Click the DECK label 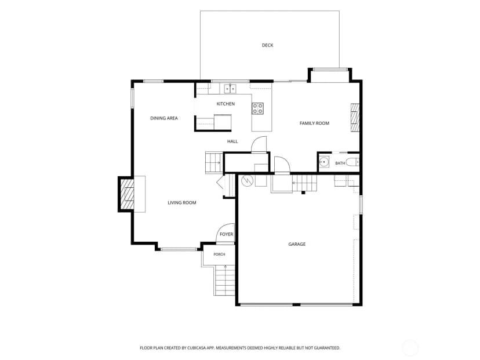[268, 45]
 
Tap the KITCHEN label [226, 104]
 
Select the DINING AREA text [164, 118]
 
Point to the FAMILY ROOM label [314, 123]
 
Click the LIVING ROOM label [182, 203]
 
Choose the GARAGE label [297, 244]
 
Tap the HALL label [232, 141]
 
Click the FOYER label [226, 234]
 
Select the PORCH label [219, 254]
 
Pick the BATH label [340, 163]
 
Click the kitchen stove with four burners [258, 108]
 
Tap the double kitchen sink [230, 89]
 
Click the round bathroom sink [324, 162]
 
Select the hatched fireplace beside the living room [127, 194]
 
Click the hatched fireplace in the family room [355, 118]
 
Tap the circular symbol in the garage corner [246, 181]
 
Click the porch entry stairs [225, 281]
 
